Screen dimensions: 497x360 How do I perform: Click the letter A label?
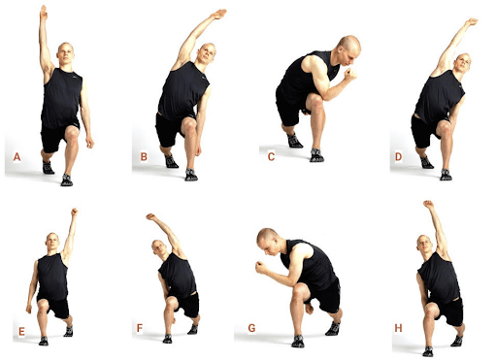[17, 157]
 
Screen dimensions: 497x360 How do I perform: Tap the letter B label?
[144, 157]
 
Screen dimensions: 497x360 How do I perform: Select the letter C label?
[271, 157]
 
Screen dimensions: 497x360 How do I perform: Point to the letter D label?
[398, 157]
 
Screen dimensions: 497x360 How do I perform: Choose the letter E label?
[21, 332]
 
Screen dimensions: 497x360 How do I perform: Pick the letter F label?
[140, 328]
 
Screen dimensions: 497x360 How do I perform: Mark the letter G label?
[251, 328]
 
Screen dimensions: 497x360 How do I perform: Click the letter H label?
[398, 328]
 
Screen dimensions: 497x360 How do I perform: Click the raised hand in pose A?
[44, 13]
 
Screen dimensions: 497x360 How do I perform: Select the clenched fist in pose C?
[350, 74]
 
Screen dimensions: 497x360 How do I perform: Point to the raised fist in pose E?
[75, 212]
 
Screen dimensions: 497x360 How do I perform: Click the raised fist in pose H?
[428, 204]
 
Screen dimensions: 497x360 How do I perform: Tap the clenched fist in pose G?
[261, 267]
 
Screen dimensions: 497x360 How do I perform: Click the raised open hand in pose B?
[218, 15]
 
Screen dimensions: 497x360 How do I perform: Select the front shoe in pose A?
[67, 180]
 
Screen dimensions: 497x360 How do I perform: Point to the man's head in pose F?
[160, 248]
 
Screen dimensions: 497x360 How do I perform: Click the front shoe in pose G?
[298, 342]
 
